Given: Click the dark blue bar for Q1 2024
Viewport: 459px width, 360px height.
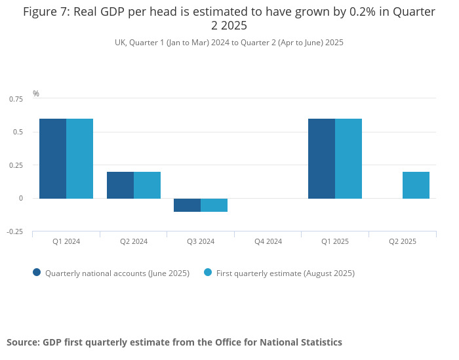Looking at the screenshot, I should (52, 159).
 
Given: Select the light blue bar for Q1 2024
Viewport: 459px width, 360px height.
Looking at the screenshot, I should (79, 159).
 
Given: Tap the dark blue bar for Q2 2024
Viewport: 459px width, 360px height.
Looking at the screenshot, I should (120, 185).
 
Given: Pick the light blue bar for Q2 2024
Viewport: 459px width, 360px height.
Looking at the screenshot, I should (147, 185).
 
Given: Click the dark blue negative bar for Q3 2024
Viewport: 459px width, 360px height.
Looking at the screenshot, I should (187, 205).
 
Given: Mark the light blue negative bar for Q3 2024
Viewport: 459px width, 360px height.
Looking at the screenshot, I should (214, 205).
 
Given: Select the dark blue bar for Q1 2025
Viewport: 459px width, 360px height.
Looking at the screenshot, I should (321, 159).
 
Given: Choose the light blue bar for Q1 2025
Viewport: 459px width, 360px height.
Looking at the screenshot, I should (348, 159).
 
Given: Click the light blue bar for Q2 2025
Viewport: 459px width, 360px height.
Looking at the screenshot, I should (416, 185).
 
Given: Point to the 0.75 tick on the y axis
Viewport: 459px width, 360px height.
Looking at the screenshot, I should (16, 99).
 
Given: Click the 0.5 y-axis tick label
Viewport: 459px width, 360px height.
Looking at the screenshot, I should (18, 132).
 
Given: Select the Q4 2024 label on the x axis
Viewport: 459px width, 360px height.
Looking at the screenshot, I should (268, 241).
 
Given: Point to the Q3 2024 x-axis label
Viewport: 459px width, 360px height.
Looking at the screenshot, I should (201, 241).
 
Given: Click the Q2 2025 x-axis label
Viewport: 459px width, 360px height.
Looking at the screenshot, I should (403, 241).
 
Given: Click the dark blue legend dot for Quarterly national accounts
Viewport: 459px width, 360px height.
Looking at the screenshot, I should (37, 272).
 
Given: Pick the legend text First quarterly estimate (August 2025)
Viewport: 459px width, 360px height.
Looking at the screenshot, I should (285, 273).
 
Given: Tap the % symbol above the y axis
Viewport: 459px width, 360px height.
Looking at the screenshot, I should (36, 94).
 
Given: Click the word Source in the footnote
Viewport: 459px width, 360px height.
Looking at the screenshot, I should (22, 342).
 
